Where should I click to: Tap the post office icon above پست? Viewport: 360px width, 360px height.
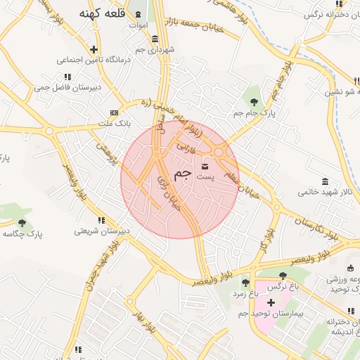(x=205, y=166)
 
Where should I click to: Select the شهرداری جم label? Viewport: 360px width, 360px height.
(x=156, y=49)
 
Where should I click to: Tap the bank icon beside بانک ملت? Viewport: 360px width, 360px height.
(x=114, y=112)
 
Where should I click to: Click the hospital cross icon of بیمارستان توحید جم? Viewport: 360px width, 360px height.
(x=270, y=302)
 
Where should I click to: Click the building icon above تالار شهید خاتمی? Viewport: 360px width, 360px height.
(x=325, y=181)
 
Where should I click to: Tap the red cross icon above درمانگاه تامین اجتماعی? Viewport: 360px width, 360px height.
(x=94, y=49)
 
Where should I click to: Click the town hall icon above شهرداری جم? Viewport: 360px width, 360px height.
(x=155, y=39)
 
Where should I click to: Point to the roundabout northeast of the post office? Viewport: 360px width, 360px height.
(x=219, y=150)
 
